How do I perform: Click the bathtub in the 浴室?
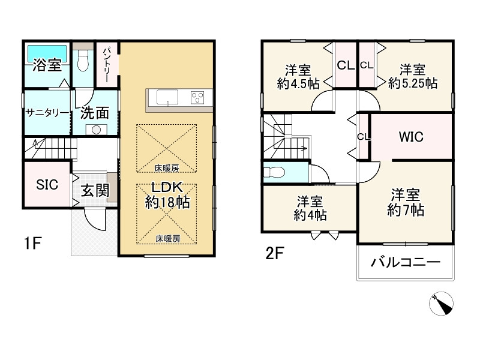point(47,53)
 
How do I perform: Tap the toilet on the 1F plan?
point(83,61)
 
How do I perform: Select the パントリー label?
point(106,65)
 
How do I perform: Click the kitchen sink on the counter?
point(167,98)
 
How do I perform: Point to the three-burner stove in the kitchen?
point(197,98)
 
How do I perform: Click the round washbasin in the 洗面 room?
point(96,130)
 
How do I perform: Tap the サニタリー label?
point(47,113)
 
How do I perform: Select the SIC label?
point(47,185)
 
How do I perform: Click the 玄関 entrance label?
point(95,191)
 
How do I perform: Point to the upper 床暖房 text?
point(167,168)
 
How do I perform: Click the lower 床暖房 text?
point(168,238)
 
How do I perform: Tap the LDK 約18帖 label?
point(167,195)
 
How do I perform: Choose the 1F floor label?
point(32,244)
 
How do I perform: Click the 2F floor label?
point(275,253)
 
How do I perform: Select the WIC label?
point(411,137)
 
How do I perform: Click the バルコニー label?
point(406,262)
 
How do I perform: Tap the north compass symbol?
point(441,304)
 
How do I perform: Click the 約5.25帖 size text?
point(413,83)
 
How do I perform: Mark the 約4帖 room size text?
point(310,215)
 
